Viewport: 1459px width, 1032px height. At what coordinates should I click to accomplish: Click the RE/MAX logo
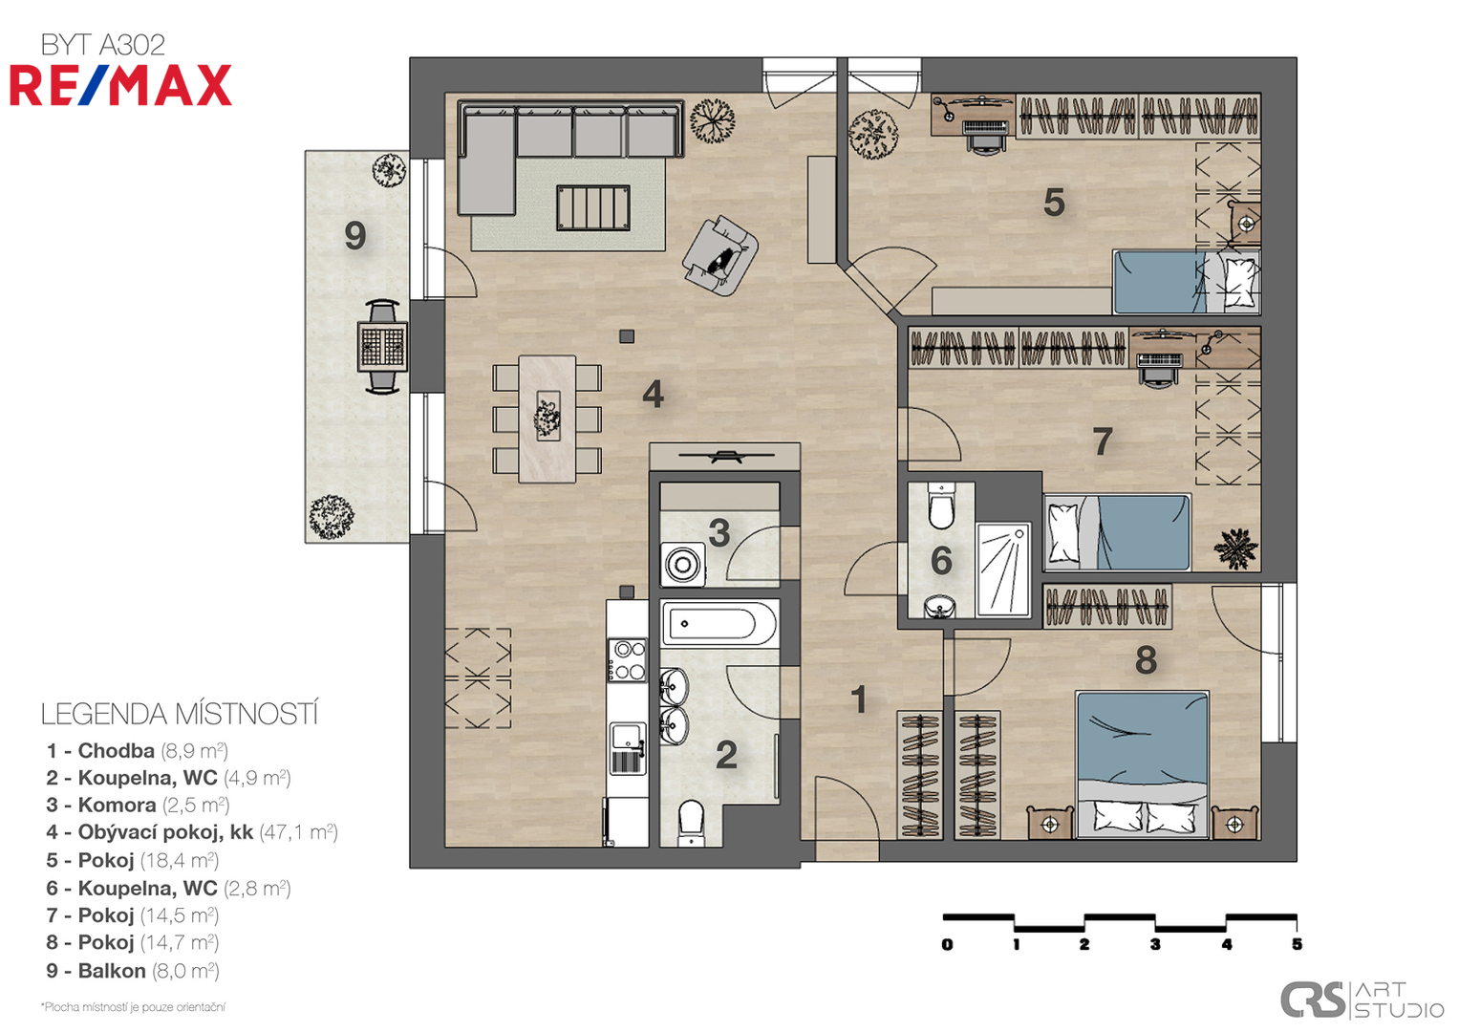coord(120,85)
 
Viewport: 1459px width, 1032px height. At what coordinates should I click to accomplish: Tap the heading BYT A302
coord(103,45)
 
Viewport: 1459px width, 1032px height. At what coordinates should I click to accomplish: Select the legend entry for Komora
coord(138,806)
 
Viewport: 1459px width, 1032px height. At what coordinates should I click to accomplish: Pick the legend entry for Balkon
coord(132,971)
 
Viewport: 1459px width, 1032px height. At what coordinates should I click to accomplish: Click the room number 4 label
coord(653,394)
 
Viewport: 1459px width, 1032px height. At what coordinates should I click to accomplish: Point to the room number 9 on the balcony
coord(355,235)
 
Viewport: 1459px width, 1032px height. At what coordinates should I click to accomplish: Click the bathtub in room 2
coord(719,623)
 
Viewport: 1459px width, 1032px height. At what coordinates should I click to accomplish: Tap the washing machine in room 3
coord(682,564)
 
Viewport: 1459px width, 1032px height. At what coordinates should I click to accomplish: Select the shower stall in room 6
coord(1003,570)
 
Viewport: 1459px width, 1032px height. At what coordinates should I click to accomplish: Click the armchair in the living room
coord(720,256)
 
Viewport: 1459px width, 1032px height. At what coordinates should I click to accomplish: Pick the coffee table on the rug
coord(593,208)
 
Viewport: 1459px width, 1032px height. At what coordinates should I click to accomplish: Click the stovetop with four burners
coord(627,660)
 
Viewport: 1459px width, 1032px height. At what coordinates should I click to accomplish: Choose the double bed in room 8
coord(1143,764)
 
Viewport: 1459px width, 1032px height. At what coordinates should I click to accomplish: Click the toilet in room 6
coord(940,505)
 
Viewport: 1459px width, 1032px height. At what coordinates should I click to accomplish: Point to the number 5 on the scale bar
coord(1297,944)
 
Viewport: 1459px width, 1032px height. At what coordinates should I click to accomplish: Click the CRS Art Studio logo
coord(1362,1000)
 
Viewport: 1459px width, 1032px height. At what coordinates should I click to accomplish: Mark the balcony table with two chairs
coord(382,346)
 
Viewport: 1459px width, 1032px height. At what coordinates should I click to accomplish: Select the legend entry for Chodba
coord(137,750)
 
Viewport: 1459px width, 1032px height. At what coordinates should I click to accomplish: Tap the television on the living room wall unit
coord(726,456)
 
